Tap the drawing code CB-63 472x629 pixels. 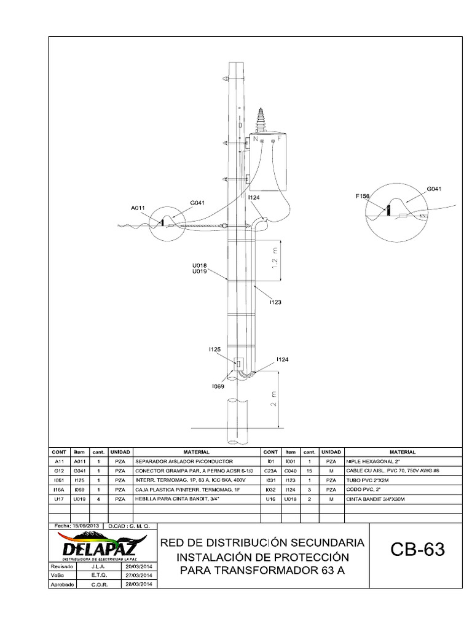coord(417,550)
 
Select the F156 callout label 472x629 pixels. coord(363,196)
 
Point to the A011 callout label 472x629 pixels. coord(138,208)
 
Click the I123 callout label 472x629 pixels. coord(276,302)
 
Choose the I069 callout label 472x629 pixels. coord(218,386)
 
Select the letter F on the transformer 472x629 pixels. coord(280,140)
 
